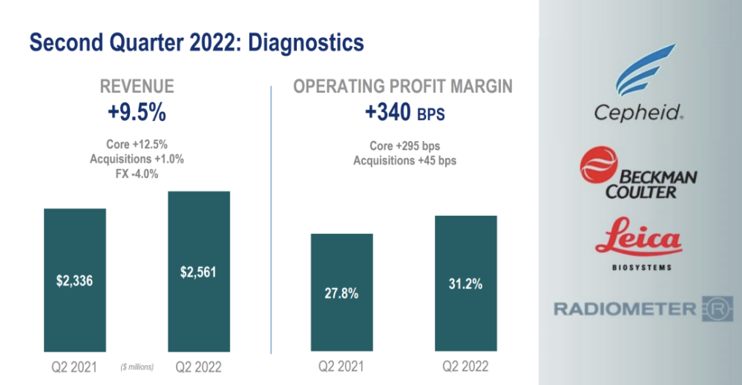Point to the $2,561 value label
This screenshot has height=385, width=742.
coord(199,272)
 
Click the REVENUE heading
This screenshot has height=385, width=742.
coord(137,87)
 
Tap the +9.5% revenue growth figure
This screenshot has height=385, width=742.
coord(137,113)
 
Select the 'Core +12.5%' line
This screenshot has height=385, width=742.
coord(137,144)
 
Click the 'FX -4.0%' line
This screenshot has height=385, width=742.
coord(137,174)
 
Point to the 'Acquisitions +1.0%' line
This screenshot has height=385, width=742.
coord(137,159)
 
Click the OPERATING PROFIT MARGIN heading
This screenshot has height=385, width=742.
coord(403,87)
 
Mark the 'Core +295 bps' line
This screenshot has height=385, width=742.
coord(404,145)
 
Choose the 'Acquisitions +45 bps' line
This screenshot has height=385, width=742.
coord(404,160)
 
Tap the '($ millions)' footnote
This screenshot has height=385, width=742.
coord(137,367)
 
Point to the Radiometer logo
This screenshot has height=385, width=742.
coord(633,309)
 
